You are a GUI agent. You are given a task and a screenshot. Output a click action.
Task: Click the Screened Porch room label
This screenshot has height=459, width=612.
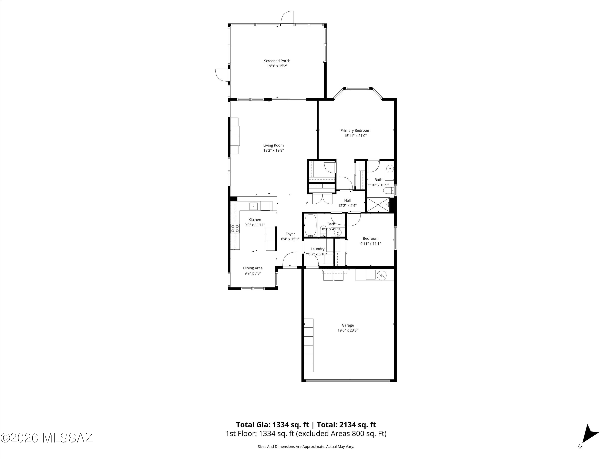(x=277, y=61)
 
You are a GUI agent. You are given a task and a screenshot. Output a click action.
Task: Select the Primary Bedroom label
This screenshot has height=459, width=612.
(x=355, y=131)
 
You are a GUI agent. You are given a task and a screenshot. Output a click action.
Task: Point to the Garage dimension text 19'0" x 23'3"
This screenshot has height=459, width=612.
(x=348, y=330)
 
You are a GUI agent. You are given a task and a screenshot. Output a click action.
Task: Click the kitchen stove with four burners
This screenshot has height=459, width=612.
(x=235, y=228)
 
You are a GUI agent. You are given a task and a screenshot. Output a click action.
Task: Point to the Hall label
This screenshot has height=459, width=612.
(x=347, y=201)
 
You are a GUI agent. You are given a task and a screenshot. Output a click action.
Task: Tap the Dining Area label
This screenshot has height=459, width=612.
(x=253, y=268)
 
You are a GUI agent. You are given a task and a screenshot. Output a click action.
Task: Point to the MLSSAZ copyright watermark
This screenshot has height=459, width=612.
(x=47, y=438)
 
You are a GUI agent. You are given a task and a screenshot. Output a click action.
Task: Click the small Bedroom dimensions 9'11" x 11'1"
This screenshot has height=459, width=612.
(x=370, y=244)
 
